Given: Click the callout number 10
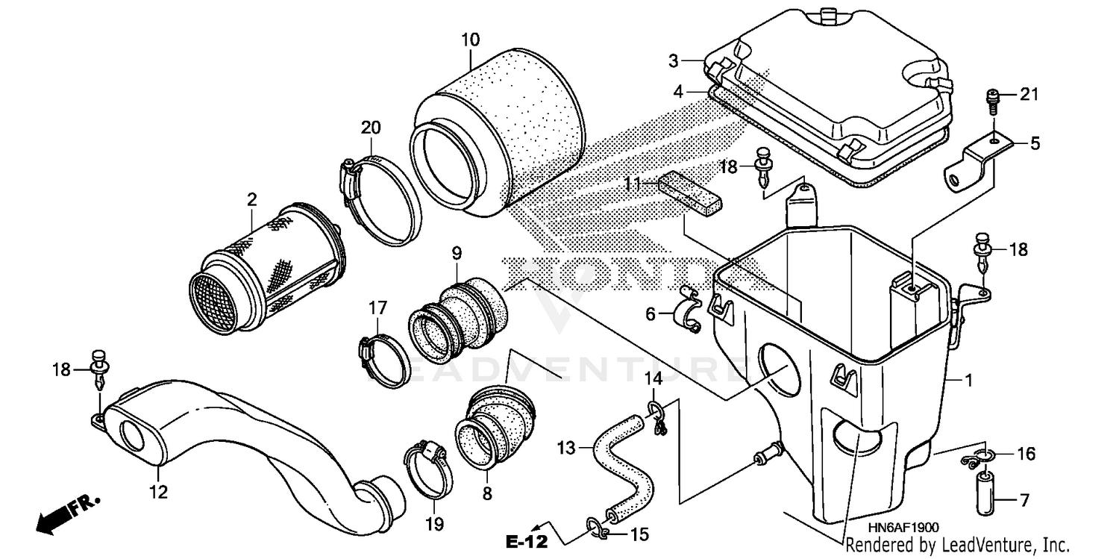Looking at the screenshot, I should point(470,39).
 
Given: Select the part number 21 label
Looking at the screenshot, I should point(1029,94).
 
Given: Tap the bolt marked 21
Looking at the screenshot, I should point(994,98).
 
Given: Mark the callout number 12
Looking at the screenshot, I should point(159,492).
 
